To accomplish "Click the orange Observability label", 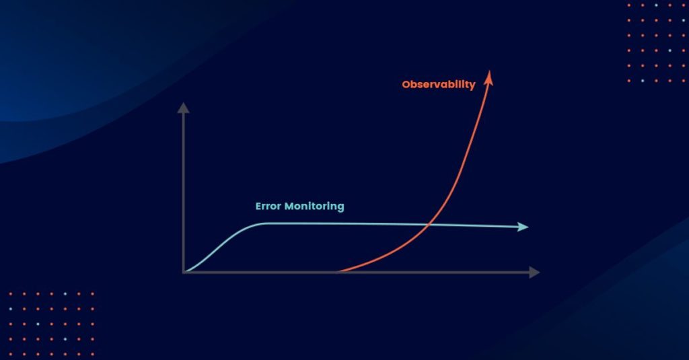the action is click(439, 84).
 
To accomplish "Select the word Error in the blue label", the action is click(268, 206).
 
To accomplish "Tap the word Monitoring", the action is click(314, 207).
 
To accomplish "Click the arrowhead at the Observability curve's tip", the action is click(488, 77).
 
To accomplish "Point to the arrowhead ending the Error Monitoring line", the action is click(522, 227).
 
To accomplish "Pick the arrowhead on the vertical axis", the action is click(183, 108).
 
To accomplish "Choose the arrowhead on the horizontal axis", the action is click(534, 272).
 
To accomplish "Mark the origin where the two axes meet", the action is click(184, 273).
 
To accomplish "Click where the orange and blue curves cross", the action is click(429, 225).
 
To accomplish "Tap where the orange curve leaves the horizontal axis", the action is click(338, 272).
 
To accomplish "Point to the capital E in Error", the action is click(258, 206).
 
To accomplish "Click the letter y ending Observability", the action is click(472, 85).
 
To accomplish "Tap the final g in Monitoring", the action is click(341, 208).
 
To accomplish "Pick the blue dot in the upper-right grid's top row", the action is click(656, 5).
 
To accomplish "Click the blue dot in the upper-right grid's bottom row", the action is click(643, 81).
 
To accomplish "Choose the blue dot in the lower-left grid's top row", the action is click(65, 293).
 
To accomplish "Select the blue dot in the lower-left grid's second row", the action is click(11, 309).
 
